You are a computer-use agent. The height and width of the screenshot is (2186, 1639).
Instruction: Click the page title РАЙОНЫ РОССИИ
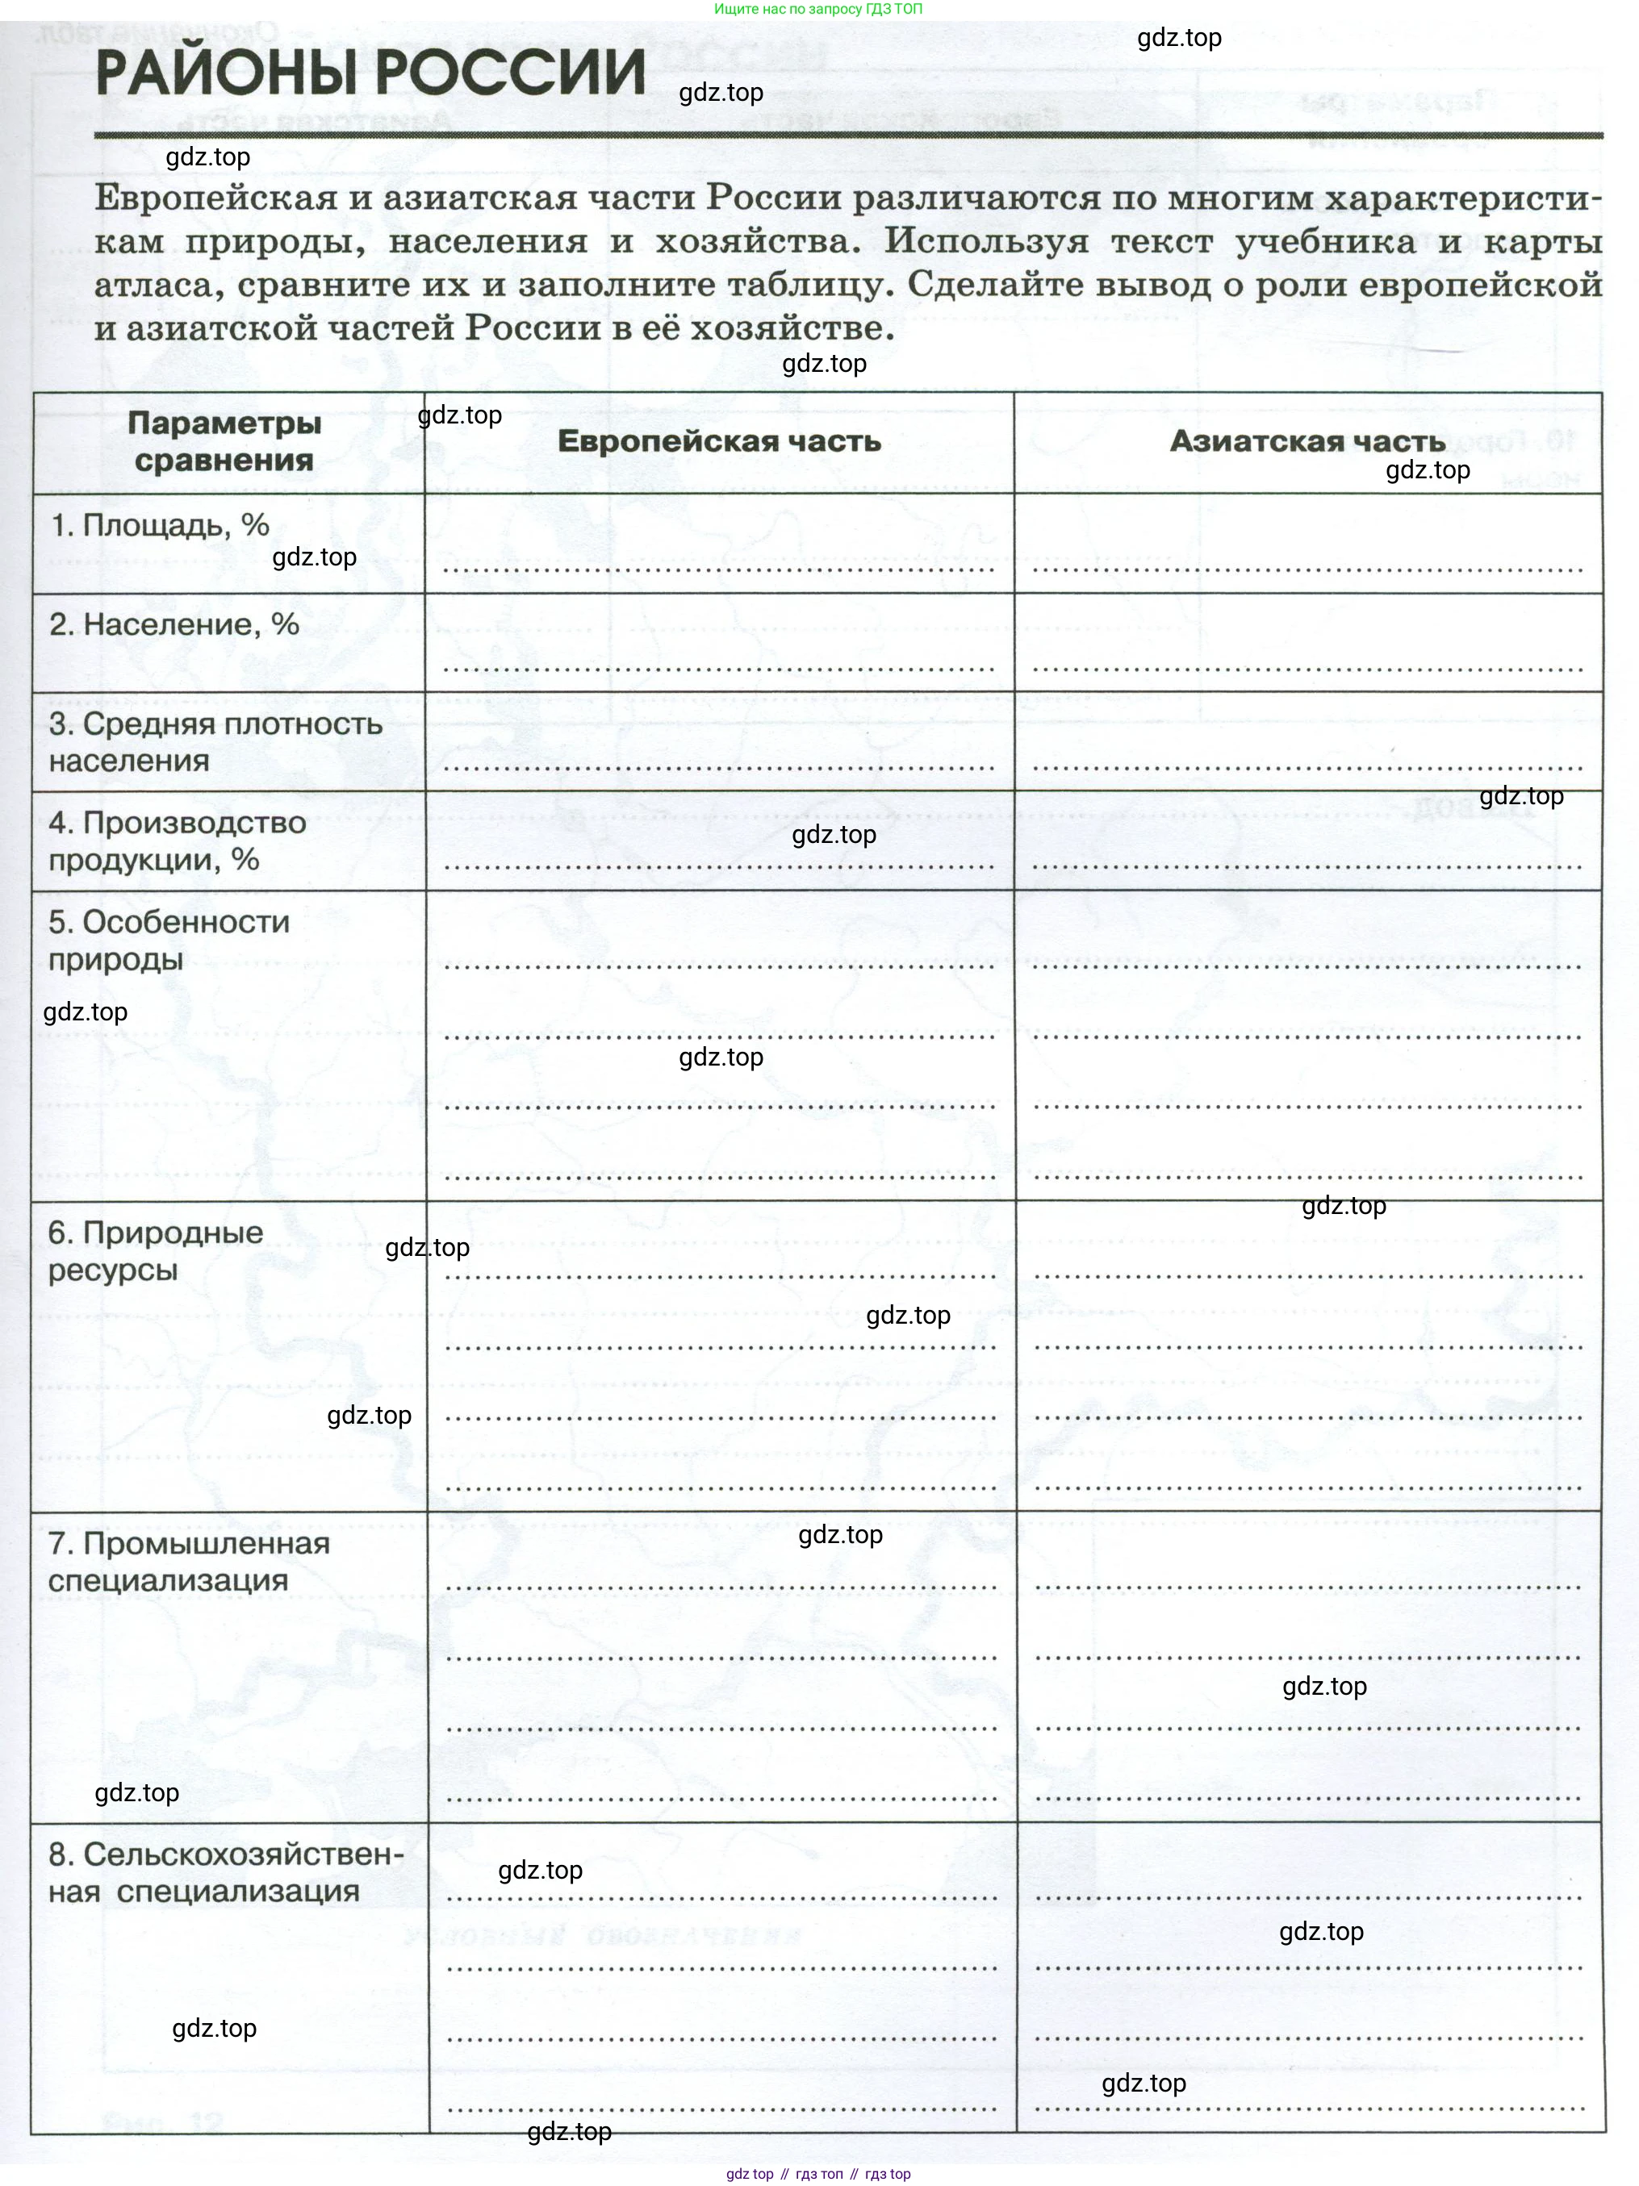(x=370, y=73)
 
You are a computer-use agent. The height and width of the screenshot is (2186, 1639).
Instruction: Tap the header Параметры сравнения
(x=224, y=442)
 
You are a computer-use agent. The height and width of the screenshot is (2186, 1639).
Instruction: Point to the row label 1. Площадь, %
(x=159, y=525)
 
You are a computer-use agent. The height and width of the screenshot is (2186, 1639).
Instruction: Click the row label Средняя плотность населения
(x=215, y=741)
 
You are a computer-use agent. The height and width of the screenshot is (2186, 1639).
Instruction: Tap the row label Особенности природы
(x=168, y=940)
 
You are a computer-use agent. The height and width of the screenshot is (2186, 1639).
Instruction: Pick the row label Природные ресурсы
(x=155, y=1250)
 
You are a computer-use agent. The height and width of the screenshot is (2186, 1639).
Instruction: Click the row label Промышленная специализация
(x=188, y=1562)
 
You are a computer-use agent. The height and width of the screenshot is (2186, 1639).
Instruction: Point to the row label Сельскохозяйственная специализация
(x=225, y=1873)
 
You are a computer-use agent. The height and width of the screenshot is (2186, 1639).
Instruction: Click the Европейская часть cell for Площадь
(x=719, y=544)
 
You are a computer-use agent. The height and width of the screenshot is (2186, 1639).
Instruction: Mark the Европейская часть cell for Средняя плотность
(x=719, y=742)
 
